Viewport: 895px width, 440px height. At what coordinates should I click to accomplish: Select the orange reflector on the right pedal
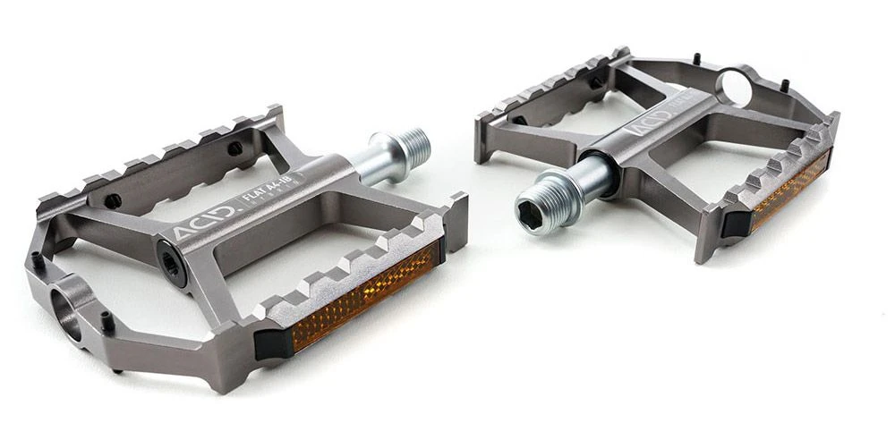pos(789,190)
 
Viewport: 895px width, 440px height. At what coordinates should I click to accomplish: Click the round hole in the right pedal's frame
pos(736,87)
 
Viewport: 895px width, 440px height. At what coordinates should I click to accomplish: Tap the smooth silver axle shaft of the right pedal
pos(595,172)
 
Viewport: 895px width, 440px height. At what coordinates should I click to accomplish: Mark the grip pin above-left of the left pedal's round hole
pos(36,261)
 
